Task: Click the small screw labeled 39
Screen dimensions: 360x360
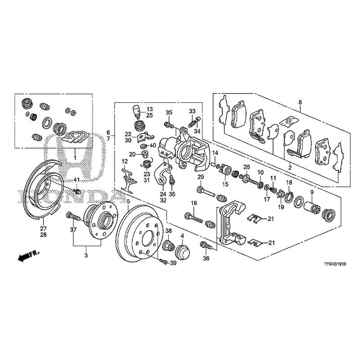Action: tap(163, 261)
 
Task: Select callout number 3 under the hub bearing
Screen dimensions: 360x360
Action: tap(86, 255)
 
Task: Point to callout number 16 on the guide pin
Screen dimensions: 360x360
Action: tap(194, 204)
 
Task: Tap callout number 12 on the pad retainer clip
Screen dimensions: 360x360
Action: tap(124, 161)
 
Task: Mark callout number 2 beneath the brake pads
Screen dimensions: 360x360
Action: tap(290, 167)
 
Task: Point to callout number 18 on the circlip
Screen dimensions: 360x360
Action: tap(289, 182)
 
